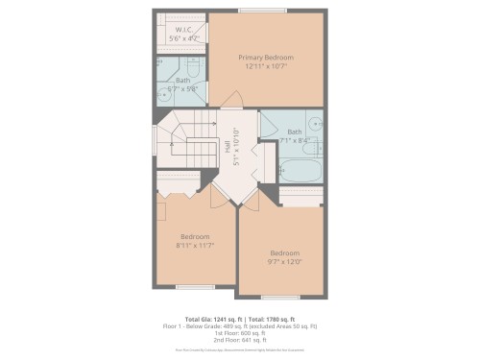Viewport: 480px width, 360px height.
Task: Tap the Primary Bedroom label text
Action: (x=266, y=58)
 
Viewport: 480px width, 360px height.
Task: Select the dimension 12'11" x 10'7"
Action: (x=266, y=67)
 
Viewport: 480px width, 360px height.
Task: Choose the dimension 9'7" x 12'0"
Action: (x=284, y=261)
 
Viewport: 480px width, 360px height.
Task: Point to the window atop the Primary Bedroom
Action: (x=266, y=11)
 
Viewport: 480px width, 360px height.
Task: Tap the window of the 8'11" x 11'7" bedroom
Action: (x=194, y=286)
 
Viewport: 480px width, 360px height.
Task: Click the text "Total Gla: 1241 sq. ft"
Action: (x=212, y=318)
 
